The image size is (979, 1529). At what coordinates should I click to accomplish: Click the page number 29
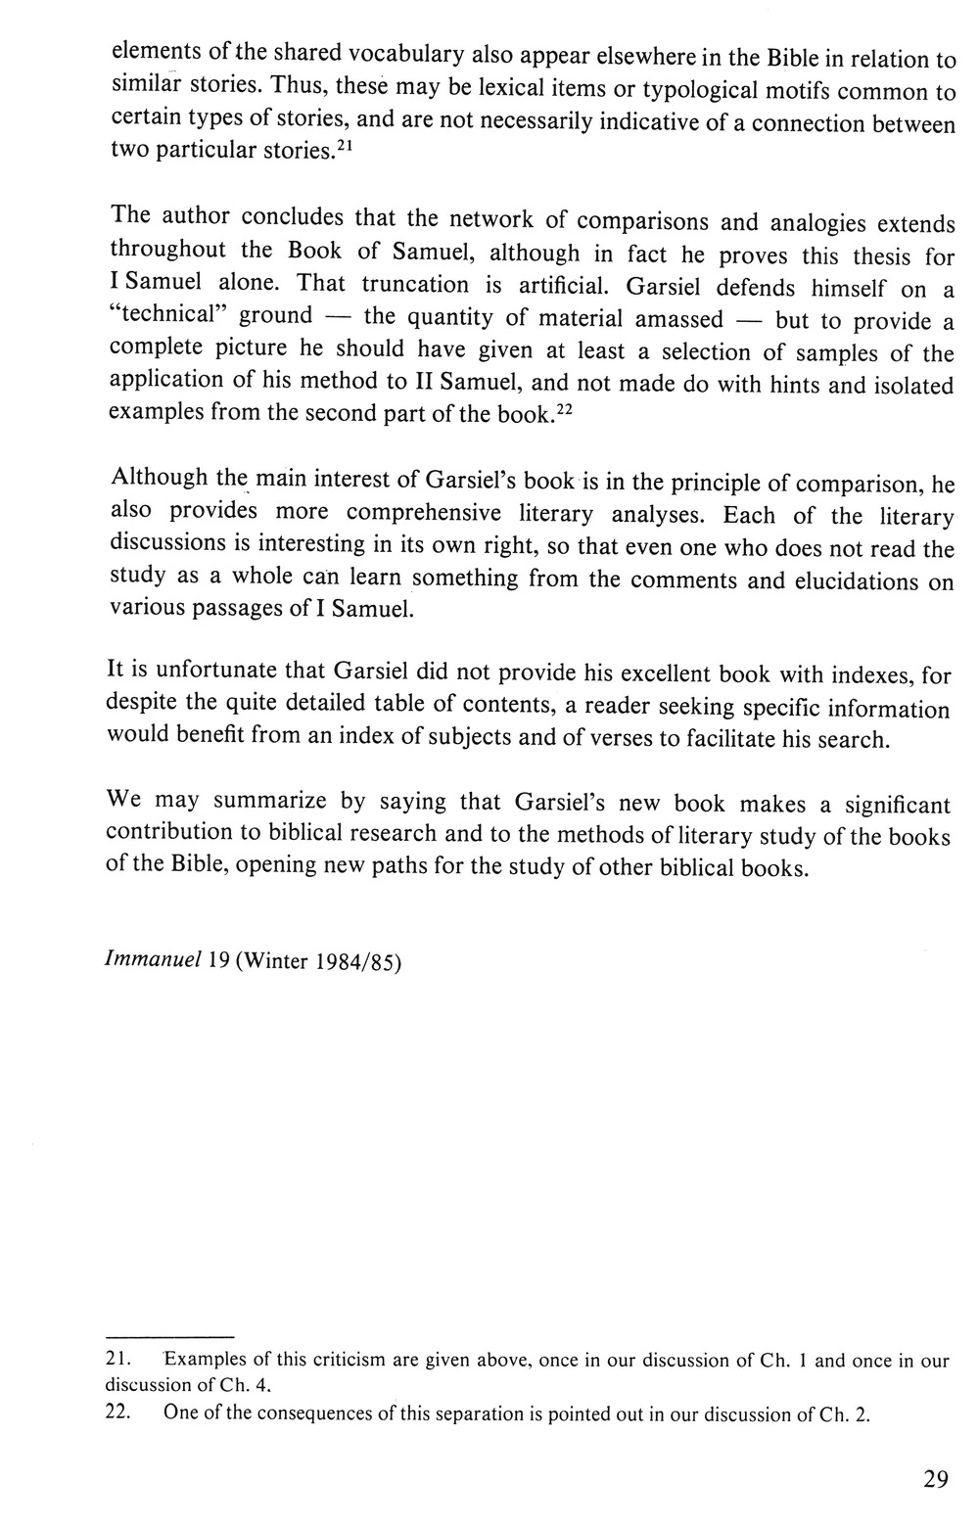coord(935,1478)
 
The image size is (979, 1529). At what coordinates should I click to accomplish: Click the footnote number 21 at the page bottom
coord(117,1360)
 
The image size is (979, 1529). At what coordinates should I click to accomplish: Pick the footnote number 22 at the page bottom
coord(117,1413)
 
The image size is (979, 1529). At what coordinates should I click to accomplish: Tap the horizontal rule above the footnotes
coord(169,1336)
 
